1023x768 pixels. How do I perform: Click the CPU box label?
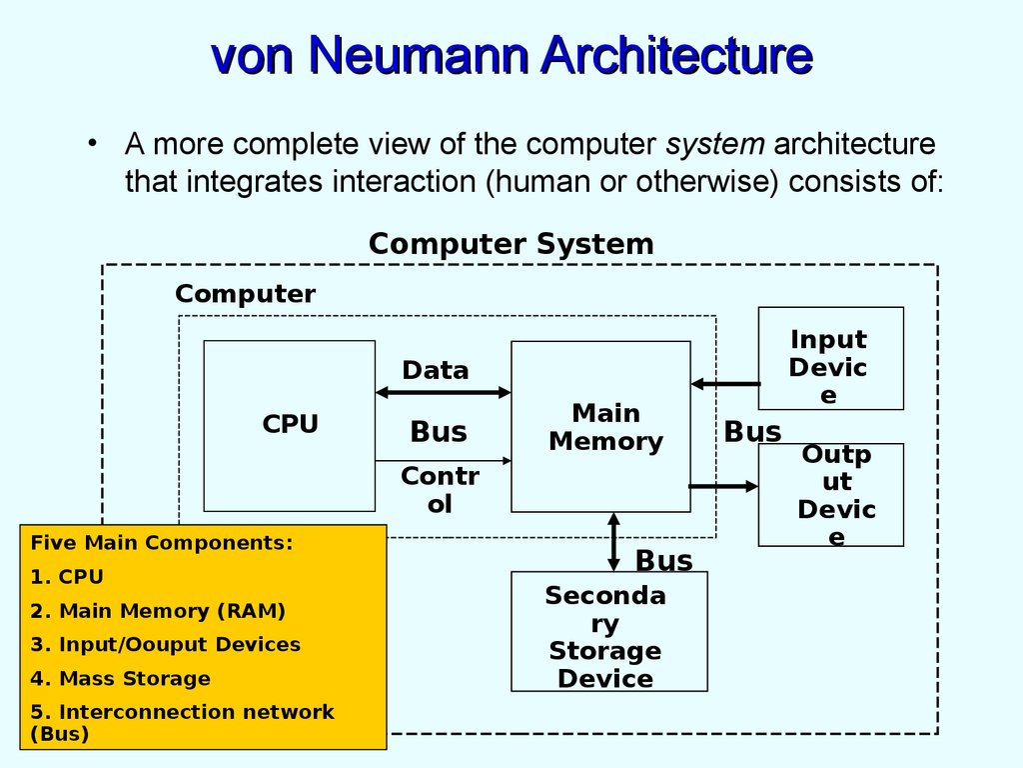[x=290, y=424]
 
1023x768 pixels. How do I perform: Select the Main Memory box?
[x=600, y=427]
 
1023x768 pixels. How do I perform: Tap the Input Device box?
[x=830, y=359]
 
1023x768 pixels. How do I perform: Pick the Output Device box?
[x=830, y=495]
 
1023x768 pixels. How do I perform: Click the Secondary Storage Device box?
[x=608, y=632]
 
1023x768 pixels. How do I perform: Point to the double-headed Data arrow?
[x=443, y=393]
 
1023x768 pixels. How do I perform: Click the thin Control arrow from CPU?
[x=443, y=460]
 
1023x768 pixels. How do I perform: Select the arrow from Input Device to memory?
[x=725, y=383]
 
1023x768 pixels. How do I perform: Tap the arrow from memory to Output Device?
[x=724, y=487]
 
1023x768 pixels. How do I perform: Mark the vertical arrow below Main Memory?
[x=613, y=541]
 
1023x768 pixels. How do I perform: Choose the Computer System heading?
[x=511, y=244]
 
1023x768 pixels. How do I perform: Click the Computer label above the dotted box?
[x=245, y=294]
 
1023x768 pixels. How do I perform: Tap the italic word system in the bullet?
[x=714, y=144]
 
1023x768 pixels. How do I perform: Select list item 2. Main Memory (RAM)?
[x=158, y=611]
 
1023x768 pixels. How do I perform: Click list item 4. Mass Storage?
[x=120, y=679]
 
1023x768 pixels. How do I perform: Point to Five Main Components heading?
[x=162, y=543]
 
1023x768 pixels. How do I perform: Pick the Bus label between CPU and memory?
[x=439, y=432]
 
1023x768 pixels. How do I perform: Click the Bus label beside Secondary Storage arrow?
[x=664, y=560]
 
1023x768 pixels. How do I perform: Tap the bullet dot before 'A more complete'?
[x=92, y=143]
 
